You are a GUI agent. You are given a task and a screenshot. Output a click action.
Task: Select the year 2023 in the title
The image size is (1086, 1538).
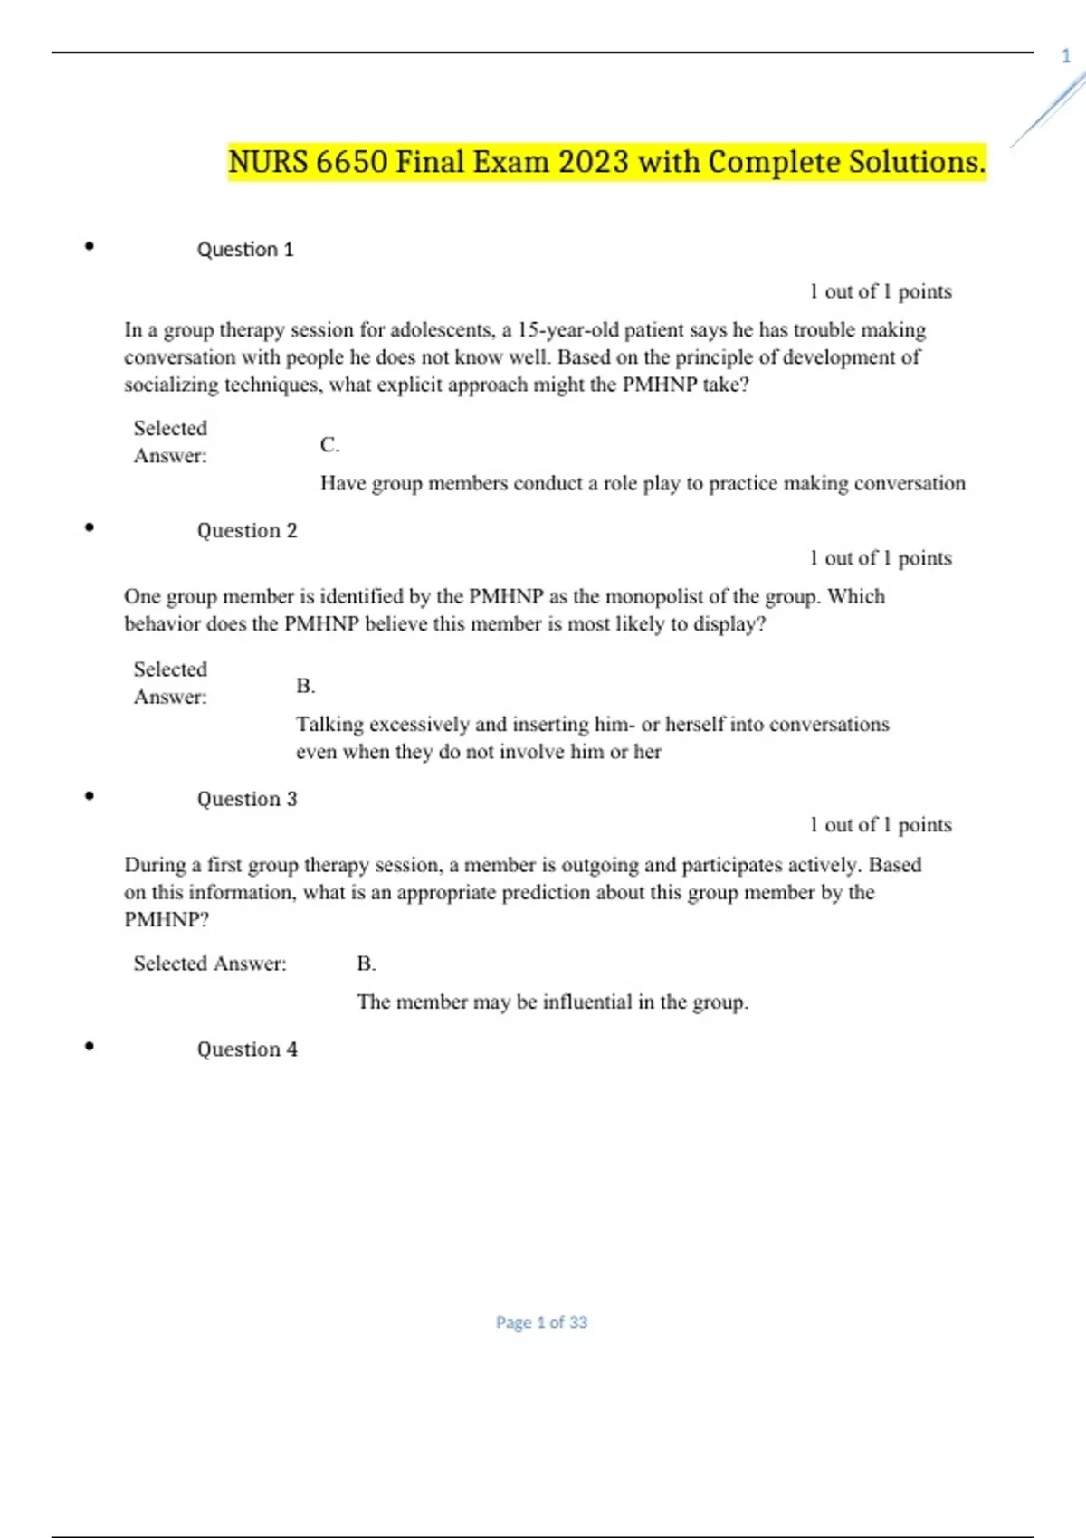click(593, 163)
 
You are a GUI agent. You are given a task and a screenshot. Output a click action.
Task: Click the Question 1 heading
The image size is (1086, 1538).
click(245, 250)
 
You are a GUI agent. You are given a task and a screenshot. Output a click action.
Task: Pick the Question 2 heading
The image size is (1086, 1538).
click(247, 531)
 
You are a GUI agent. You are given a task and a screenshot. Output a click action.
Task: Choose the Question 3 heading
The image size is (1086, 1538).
click(247, 800)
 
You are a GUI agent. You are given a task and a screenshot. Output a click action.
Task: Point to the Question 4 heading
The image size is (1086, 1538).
click(247, 1049)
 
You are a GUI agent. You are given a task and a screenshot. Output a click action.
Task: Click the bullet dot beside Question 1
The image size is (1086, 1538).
click(89, 245)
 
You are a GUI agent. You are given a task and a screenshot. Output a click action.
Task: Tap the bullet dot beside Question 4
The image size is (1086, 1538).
click(89, 1046)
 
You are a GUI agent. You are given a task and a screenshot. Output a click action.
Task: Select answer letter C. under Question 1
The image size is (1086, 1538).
click(329, 445)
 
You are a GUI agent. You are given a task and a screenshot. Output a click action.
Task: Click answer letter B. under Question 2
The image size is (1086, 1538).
click(305, 687)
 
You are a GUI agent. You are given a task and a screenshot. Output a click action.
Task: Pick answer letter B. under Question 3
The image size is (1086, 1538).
click(366, 964)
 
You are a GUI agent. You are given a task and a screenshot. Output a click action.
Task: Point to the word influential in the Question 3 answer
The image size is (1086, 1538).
click(587, 1002)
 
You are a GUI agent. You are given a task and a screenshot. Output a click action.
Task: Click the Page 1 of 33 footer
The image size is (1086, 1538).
click(541, 1323)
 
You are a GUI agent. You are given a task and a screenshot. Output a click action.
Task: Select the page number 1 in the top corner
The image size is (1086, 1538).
click(1065, 56)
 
